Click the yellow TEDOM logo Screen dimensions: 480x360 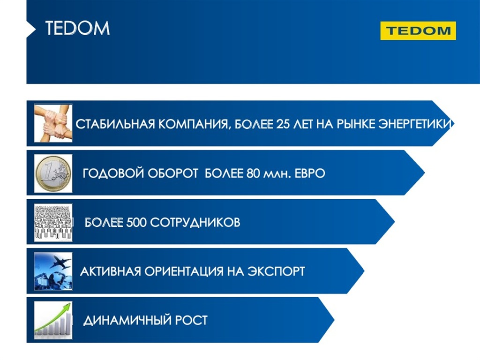[x=418, y=30]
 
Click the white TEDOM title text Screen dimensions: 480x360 [x=77, y=29]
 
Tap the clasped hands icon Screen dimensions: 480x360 [x=53, y=123]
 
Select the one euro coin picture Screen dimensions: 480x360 [x=53, y=173]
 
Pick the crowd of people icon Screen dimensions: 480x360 [x=53, y=223]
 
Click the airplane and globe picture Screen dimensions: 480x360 [x=53, y=271]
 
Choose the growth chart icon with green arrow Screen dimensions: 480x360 [x=53, y=320]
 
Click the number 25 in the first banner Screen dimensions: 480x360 [x=283, y=124]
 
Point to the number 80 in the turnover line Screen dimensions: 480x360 [x=253, y=173]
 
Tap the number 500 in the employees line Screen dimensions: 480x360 [x=136, y=223]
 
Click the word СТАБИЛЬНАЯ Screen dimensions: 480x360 [x=115, y=124]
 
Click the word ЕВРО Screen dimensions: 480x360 [x=310, y=173]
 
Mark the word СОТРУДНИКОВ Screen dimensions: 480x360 [x=195, y=223]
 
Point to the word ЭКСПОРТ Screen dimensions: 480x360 [x=276, y=271]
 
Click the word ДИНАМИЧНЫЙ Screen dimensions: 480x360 [x=127, y=321]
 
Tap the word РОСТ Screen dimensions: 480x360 [x=191, y=320]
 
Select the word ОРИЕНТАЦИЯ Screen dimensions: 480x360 [x=184, y=271]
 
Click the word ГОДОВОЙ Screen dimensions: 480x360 [x=113, y=173]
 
